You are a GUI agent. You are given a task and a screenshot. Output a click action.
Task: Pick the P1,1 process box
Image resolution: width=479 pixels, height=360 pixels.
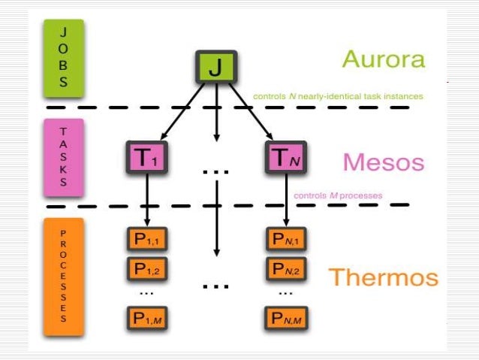click(146, 239)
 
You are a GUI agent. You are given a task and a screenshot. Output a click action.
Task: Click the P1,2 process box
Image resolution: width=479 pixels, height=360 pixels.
click(146, 267)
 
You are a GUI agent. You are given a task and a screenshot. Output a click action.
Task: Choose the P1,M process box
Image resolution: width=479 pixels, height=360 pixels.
click(146, 317)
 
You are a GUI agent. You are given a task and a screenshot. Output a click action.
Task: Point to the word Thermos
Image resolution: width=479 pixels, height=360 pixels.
click(383, 277)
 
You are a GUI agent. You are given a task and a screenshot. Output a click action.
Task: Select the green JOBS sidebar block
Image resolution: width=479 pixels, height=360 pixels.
click(63, 59)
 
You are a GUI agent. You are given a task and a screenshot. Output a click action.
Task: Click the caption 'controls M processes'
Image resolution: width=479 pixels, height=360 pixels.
click(338, 195)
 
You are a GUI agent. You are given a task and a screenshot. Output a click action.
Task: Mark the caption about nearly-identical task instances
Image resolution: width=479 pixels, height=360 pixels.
click(338, 96)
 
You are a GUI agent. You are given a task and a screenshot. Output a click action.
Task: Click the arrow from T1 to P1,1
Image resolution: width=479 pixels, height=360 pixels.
click(147, 199)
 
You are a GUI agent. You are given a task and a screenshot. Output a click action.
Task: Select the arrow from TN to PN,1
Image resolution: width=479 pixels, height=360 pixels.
click(286, 199)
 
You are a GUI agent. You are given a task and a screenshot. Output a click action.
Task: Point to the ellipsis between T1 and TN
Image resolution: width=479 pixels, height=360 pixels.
click(215, 172)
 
